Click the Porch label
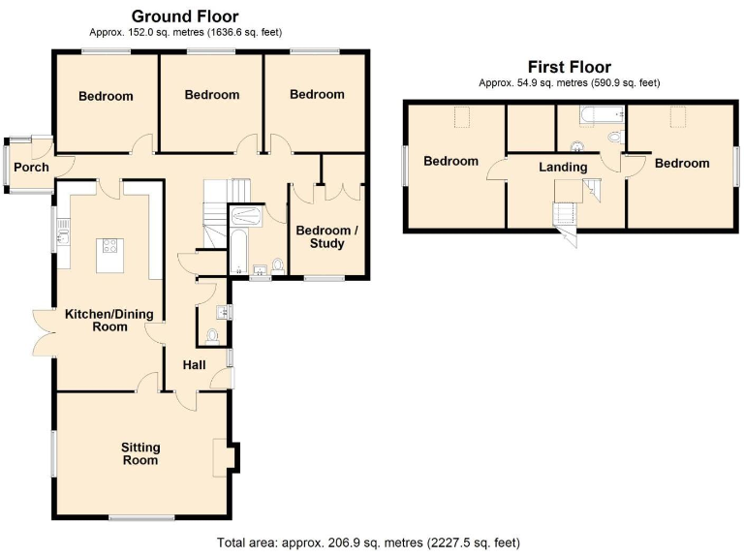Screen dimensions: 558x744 point(31,168)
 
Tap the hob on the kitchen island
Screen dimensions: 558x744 point(108,247)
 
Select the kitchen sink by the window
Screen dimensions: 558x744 point(64,232)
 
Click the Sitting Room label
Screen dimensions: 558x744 point(139,453)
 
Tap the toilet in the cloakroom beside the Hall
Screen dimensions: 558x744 point(211,335)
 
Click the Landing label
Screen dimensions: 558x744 point(563,167)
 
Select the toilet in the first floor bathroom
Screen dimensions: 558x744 point(614,139)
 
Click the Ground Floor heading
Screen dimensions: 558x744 point(184,15)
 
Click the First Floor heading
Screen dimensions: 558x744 point(569,67)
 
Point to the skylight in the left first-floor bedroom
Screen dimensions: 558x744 point(461,118)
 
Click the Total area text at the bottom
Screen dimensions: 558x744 point(372,544)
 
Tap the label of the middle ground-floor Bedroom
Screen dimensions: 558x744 point(211,95)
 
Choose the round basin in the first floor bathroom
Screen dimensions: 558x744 point(577,146)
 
